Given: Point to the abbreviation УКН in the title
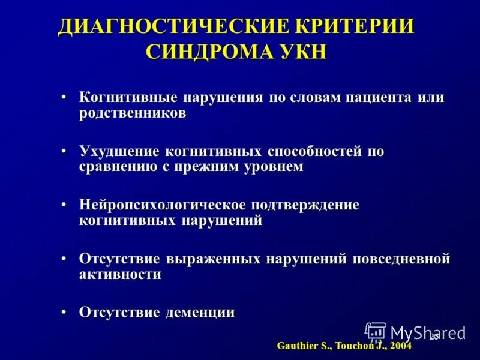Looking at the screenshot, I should pyautogui.click(x=304, y=51).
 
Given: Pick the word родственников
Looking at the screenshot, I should pyautogui.click(x=132, y=113).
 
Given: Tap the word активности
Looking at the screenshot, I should pyautogui.click(x=120, y=274).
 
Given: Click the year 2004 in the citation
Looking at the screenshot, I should pyautogui.click(x=400, y=346).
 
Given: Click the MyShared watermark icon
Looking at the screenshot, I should pyautogui.click(x=376, y=332).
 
